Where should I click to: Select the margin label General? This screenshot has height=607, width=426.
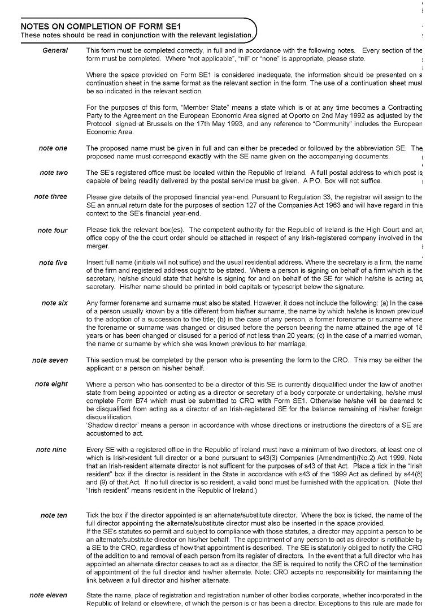pyautogui.click(x=55, y=50)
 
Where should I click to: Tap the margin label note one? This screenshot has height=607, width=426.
pyautogui.click(x=53, y=148)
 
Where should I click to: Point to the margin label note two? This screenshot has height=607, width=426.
pyautogui.click(x=53, y=173)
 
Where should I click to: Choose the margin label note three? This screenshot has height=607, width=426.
pyautogui.click(x=50, y=197)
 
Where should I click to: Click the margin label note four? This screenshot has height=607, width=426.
pyautogui.click(x=52, y=230)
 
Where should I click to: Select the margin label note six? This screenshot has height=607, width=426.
pyautogui.click(x=54, y=303)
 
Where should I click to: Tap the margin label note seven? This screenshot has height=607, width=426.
pyautogui.click(x=50, y=360)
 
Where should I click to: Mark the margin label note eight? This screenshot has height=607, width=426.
pyautogui.click(x=51, y=384)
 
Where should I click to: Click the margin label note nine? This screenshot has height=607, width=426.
pyautogui.click(x=51, y=450)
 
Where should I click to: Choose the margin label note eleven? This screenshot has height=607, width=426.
pyautogui.click(x=48, y=595)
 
